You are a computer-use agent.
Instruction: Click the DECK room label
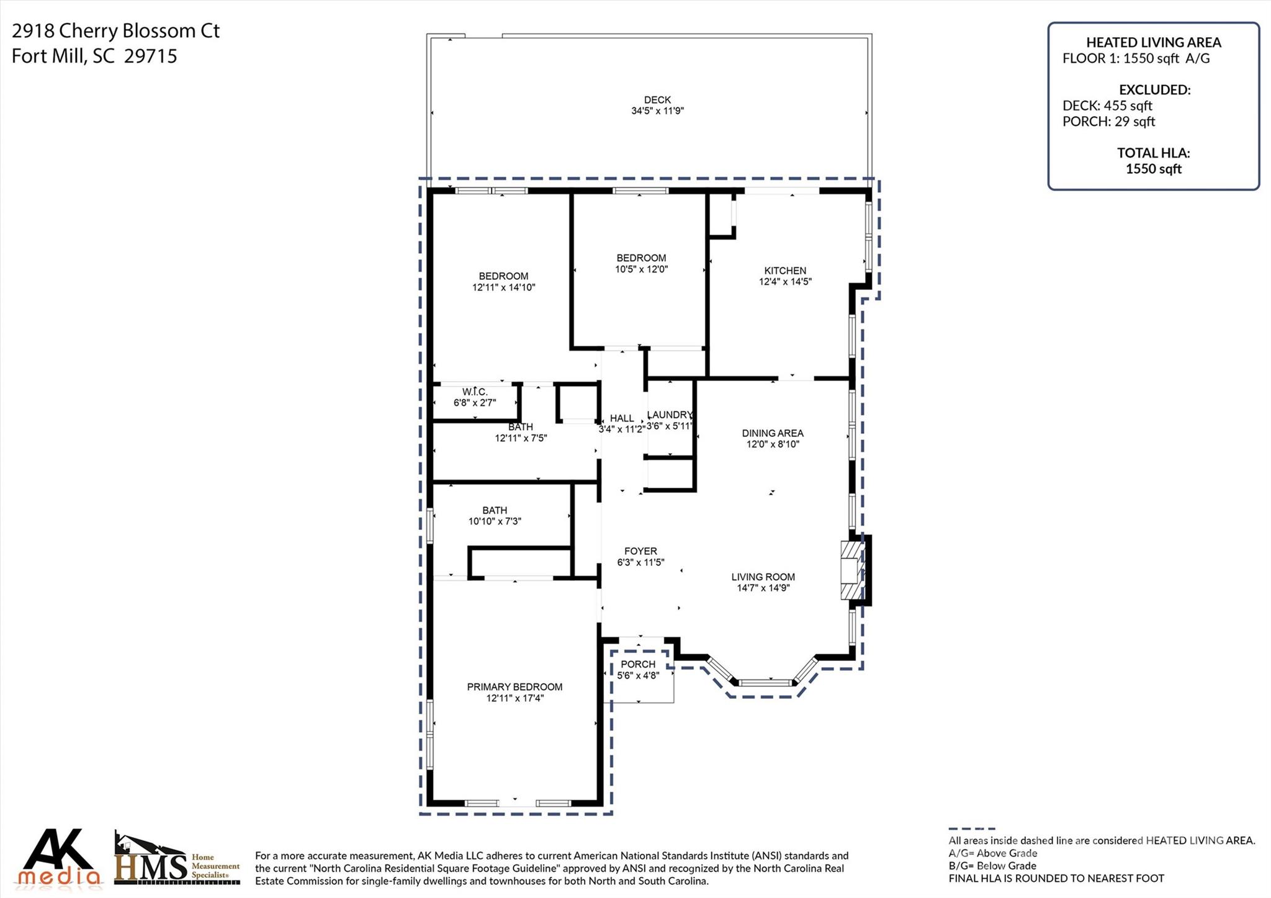(x=657, y=100)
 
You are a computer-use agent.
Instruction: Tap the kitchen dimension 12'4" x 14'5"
(x=785, y=282)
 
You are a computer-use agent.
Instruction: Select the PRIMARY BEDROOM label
(x=514, y=687)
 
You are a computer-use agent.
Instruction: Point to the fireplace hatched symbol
(x=851, y=570)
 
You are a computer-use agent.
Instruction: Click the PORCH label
(x=638, y=664)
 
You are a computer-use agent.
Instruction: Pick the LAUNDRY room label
(x=669, y=415)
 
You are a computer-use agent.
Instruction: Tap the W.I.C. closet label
(x=475, y=392)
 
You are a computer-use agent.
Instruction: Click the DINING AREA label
(x=773, y=433)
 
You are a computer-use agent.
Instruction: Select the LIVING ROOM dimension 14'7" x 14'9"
(x=763, y=588)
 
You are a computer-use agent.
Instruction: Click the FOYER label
(x=640, y=551)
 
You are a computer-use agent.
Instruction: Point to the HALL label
(x=621, y=418)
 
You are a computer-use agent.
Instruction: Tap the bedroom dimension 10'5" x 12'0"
(x=641, y=269)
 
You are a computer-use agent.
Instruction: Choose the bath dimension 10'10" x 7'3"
(x=495, y=521)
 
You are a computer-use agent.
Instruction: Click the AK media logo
(x=59, y=858)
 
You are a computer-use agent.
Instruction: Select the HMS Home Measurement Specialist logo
(x=176, y=860)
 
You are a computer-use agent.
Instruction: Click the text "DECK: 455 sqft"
(x=1107, y=106)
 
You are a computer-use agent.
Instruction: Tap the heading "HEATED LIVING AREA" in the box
(x=1153, y=42)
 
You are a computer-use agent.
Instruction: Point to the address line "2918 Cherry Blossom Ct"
(x=115, y=31)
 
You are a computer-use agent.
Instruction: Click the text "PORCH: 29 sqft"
(x=1108, y=122)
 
